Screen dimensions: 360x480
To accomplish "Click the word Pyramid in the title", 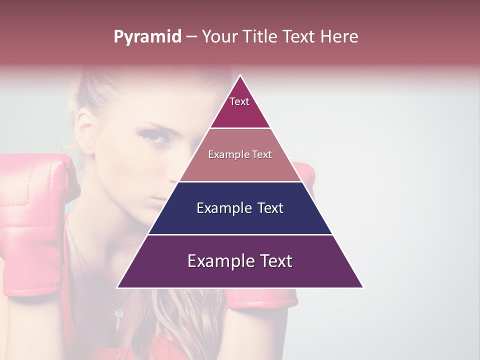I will tap(147, 37).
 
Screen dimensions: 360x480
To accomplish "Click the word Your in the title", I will tap(219, 37).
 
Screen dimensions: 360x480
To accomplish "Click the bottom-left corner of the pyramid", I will tap(118, 287).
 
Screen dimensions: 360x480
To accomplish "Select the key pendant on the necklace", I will tap(118, 317).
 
